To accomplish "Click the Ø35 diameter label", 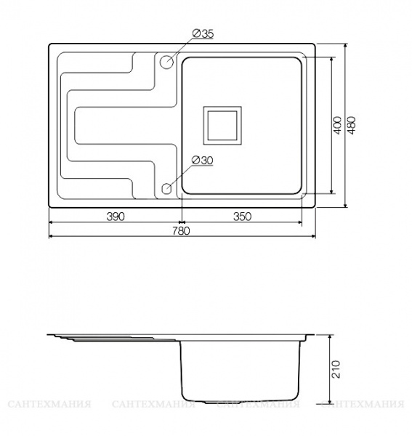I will point(203,34).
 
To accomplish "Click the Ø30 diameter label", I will point(201,161).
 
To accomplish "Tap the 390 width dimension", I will point(116,216).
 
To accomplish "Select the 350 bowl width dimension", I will point(242,216).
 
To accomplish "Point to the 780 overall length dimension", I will point(181,231).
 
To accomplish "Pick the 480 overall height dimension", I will point(352,125).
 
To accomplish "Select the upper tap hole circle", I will point(166,62).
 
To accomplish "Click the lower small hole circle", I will point(166,190).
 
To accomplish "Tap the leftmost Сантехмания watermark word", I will point(49,404).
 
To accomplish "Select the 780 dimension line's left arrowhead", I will point(52,236).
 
